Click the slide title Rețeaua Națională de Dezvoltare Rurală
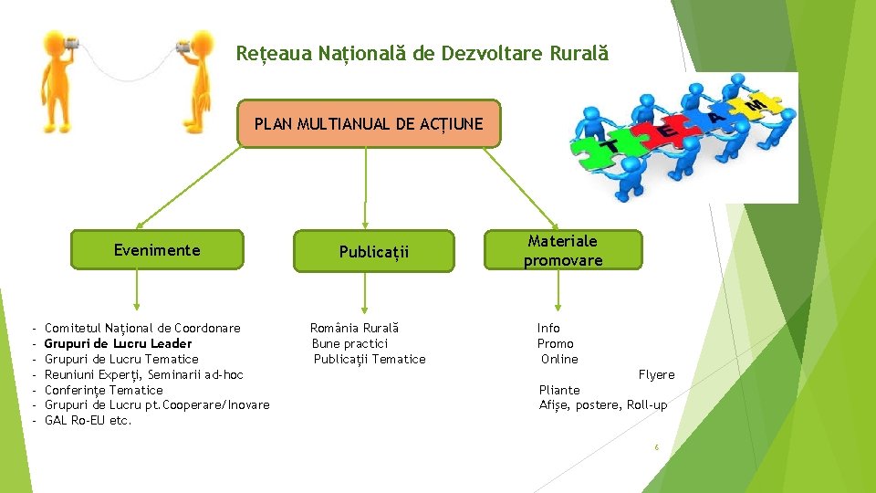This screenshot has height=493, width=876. [x=422, y=54]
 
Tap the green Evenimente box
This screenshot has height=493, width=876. [x=157, y=250]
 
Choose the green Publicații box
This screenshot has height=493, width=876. [x=374, y=251]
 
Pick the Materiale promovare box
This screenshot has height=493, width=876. [x=563, y=250]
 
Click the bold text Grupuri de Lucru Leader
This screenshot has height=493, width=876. [x=118, y=343]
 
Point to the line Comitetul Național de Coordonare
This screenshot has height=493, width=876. [x=142, y=328]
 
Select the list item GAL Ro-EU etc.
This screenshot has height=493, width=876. [x=88, y=421]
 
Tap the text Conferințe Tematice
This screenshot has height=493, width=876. [x=103, y=390]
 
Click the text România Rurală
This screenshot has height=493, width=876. [x=355, y=328]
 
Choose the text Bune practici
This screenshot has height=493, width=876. [x=349, y=343]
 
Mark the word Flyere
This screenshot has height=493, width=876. [x=656, y=374]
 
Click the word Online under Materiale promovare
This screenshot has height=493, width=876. [x=559, y=359]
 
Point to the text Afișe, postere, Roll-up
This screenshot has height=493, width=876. [x=603, y=405]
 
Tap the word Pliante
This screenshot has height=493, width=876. [x=559, y=390]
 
